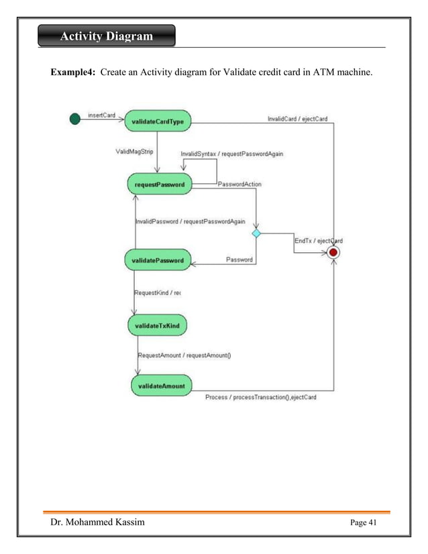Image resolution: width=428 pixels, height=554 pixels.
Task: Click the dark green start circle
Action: coord(75,119)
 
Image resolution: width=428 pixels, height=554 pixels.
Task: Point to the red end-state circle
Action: coord(333,252)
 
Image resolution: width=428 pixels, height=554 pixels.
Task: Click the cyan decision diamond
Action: coord(256,233)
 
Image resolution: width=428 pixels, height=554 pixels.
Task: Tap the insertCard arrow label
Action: coord(102,115)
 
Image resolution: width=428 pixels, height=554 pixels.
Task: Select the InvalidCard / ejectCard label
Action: coord(297,119)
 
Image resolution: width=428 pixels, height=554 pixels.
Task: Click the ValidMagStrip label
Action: coord(134,152)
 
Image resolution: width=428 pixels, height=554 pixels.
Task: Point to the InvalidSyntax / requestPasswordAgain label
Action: coord(231,154)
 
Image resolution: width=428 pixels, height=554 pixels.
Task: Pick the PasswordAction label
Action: coord(239,184)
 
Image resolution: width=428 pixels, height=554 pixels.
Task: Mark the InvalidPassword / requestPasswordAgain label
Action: coord(190,221)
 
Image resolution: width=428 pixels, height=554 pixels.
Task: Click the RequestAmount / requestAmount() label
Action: coord(184,355)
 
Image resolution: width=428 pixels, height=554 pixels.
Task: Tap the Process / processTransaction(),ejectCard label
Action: coord(260,397)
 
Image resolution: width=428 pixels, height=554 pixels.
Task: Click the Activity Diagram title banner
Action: coord(107,36)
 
